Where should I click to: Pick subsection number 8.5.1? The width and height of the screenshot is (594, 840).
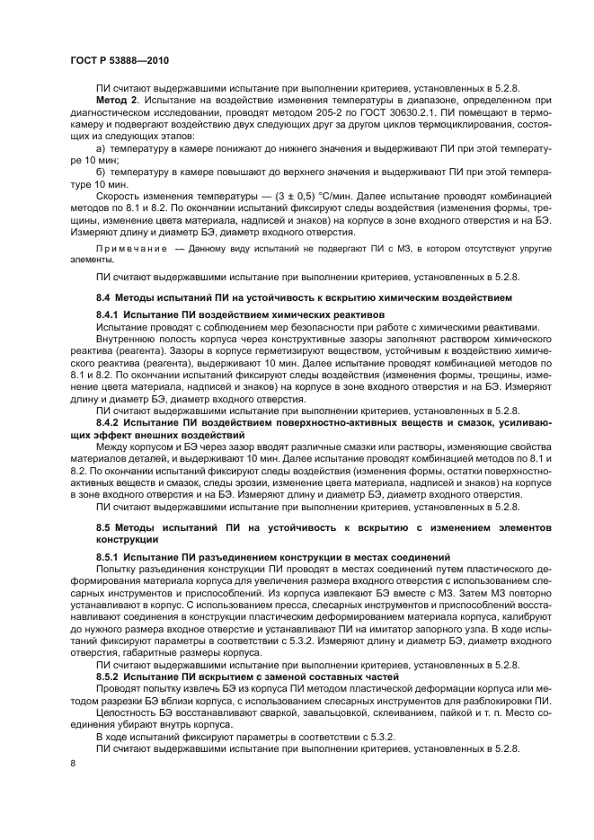(x=109, y=558)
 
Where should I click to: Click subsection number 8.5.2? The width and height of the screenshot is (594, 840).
(x=109, y=674)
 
